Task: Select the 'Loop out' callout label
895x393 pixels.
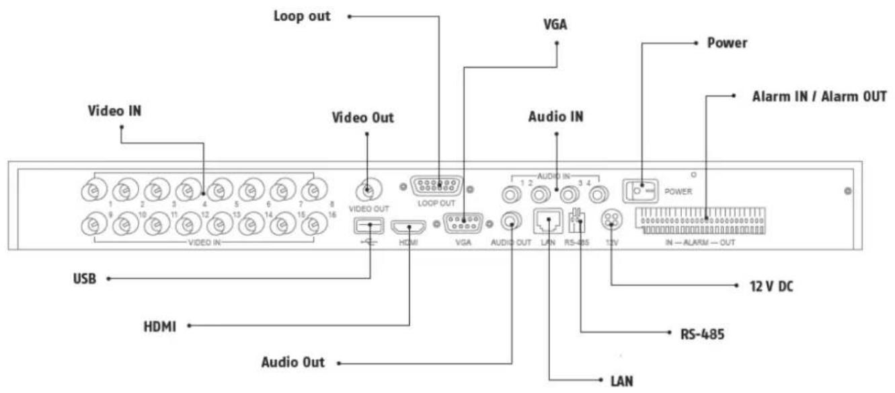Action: (x=301, y=15)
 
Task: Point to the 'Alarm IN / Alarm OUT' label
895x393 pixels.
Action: (x=820, y=96)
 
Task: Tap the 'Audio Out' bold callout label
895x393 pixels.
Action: (x=293, y=363)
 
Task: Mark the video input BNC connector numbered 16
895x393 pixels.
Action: (x=309, y=223)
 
